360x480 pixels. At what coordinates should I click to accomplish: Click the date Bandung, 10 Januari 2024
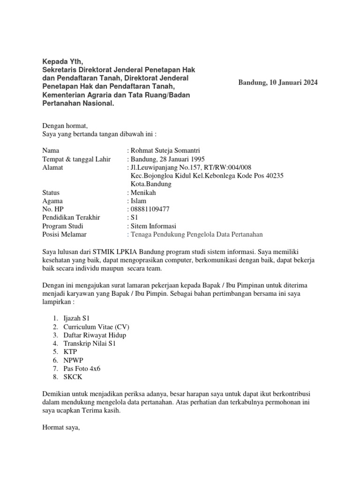pos(278,83)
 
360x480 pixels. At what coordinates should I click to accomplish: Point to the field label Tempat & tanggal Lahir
pos(76,159)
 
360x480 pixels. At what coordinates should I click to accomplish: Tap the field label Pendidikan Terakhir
pos(71,217)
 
